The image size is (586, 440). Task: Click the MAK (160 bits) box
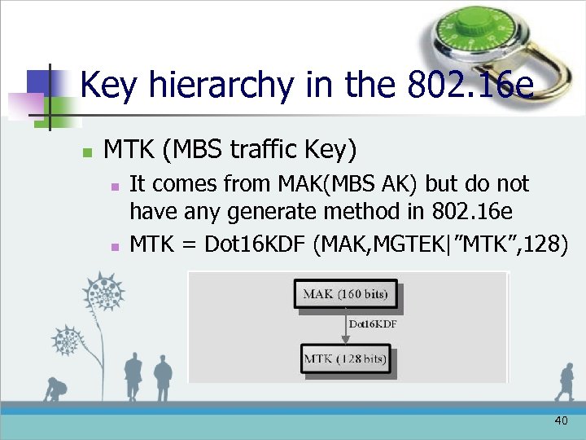click(x=346, y=294)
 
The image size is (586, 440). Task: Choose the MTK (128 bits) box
click(x=346, y=359)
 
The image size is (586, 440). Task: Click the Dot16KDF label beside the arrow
click(x=373, y=324)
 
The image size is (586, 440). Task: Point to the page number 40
click(x=560, y=420)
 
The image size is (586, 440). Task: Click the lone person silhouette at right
click(x=564, y=381)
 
